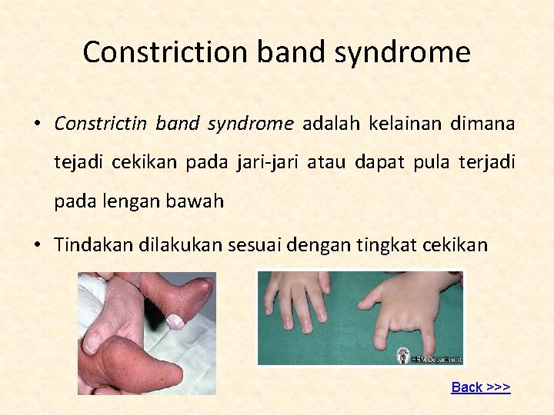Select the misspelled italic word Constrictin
coord(102,123)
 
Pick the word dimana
coord(486,123)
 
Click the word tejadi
coord(79,162)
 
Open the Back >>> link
coord(480,387)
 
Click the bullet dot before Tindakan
coord(37,246)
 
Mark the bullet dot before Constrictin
coord(37,124)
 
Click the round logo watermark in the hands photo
coord(403,357)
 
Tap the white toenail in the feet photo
coord(175,320)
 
